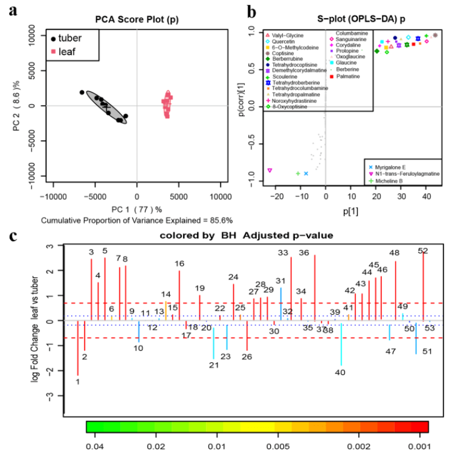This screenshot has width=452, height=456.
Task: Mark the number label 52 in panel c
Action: pos(423,251)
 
